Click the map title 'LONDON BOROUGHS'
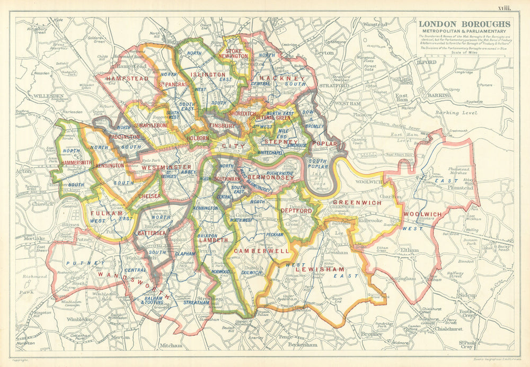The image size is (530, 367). [x=465, y=24]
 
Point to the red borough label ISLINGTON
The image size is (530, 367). [x=208, y=75]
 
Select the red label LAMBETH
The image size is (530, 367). [x=214, y=239]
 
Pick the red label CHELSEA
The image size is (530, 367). [x=149, y=195]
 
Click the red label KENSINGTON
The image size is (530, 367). [x=110, y=165]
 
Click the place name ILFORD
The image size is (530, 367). [x=429, y=62]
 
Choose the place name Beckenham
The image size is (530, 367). [x=304, y=345]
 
